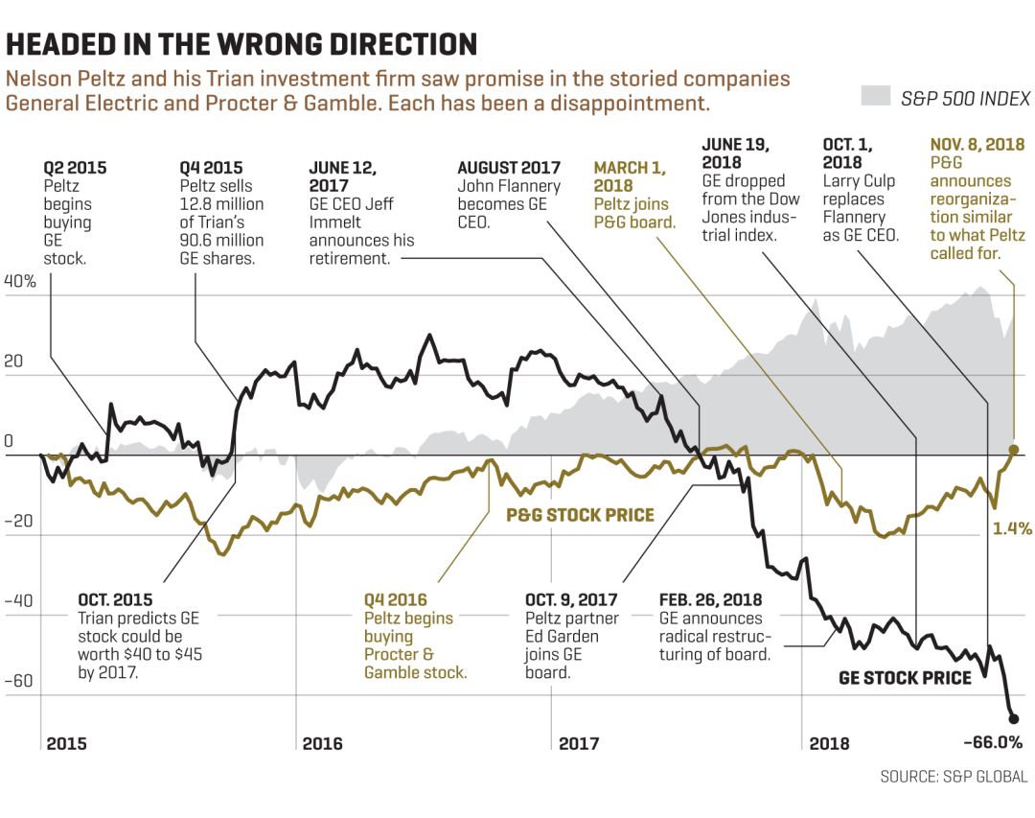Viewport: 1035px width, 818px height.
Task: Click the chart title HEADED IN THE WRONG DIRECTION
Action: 241,44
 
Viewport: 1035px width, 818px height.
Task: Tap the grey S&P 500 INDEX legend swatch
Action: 876,97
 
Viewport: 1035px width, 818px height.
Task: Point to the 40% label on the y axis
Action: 20,282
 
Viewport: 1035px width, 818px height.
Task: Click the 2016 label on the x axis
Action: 322,744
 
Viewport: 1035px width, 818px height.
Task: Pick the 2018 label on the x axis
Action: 829,744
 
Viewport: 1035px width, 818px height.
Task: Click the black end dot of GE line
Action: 1013,718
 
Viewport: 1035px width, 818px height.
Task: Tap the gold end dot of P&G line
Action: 1014,449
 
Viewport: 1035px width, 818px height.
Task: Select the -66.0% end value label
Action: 992,743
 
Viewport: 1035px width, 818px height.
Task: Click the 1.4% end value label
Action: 1011,527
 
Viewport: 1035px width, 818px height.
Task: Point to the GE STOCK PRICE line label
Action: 905,678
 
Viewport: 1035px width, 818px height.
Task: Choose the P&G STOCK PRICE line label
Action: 580,515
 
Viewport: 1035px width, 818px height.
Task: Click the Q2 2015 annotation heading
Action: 75,168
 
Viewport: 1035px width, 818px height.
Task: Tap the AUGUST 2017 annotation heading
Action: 508,168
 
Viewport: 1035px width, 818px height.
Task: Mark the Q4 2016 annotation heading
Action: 395,600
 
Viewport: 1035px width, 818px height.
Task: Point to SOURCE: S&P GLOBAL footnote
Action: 954,777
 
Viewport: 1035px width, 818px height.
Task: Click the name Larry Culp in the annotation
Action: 859,181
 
